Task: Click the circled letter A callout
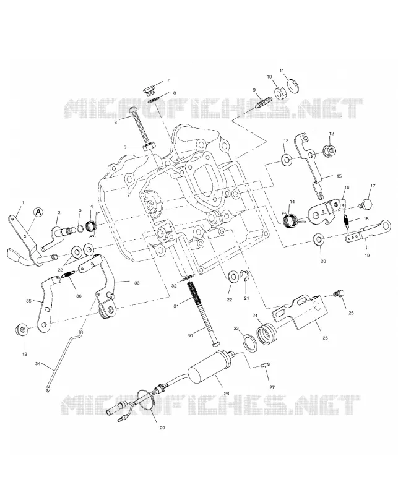coord(38,212)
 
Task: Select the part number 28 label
coord(226,394)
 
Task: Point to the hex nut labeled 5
coord(149,147)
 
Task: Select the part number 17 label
coord(373,186)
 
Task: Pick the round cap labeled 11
coord(294,87)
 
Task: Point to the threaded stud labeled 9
coord(264,102)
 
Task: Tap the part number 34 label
coord(38,364)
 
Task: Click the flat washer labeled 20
coord(318,240)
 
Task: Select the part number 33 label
coord(136,283)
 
